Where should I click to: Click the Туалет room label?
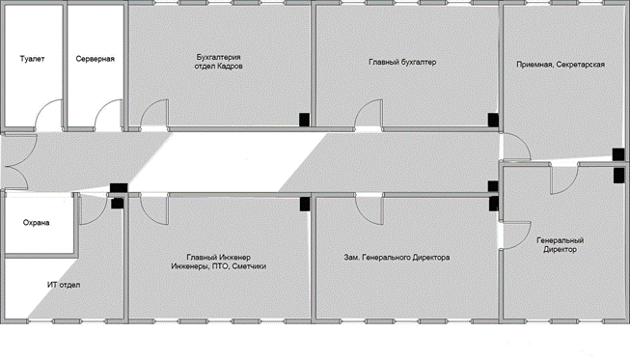pyautogui.click(x=32, y=59)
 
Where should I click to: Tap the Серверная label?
pyautogui.click(x=96, y=59)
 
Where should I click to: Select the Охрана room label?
pyautogui.click(x=36, y=223)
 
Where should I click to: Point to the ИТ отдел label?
pyautogui.click(x=64, y=285)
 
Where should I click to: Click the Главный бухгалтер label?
pyautogui.click(x=402, y=63)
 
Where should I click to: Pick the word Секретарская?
pyautogui.click(x=582, y=65)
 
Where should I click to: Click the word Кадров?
pyautogui.click(x=230, y=66)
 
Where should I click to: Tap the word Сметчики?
pyautogui.click(x=249, y=266)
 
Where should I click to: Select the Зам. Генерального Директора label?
pyautogui.click(x=397, y=257)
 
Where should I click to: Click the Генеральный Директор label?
pyautogui.click(x=561, y=245)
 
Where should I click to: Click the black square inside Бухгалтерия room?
pyautogui.click(x=304, y=120)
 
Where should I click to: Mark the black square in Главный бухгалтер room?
pyautogui.click(x=493, y=120)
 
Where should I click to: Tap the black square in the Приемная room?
pyautogui.click(x=618, y=154)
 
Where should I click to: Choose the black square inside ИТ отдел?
pyautogui.click(x=118, y=204)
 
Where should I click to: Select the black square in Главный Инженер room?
pyautogui.click(x=305, y=204)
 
